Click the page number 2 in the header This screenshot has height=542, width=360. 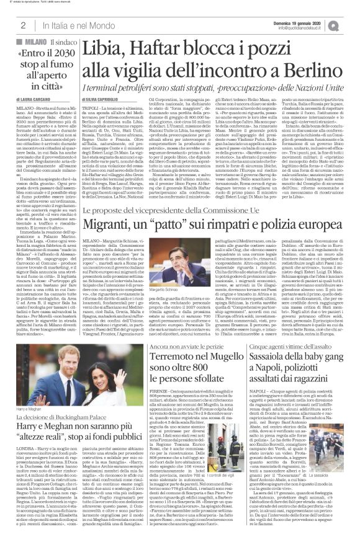click(x=22, y=25)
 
